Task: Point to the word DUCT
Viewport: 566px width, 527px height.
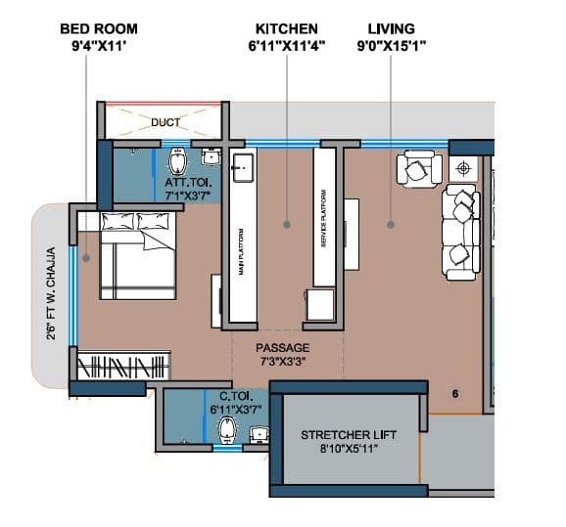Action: [165, 123]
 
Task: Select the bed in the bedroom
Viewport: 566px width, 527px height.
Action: [136, 256]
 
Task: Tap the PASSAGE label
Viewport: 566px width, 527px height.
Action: [283, 348]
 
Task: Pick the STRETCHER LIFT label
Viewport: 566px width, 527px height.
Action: [348, 435]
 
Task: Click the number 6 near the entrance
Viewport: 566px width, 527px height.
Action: [455, 394]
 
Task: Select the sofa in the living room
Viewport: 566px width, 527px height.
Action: [459, 230]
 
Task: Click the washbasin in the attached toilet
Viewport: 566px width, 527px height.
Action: [212, 155]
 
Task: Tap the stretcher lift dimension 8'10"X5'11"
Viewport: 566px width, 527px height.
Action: [348, 450]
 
